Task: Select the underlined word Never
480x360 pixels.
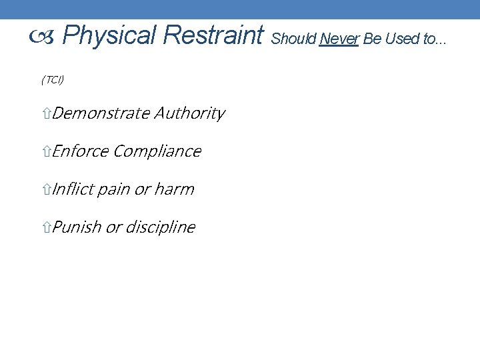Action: click(x=339, y=40)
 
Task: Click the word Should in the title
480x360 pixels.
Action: click(x=293, y=40)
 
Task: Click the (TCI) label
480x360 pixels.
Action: click(x=53, y=80)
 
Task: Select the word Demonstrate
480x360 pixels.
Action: click(x=101, y=114)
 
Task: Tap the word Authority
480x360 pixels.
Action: click(x=190, y=114)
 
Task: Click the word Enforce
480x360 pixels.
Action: click(x=80, y=152)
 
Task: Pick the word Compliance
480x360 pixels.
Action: click(x=157, y=152)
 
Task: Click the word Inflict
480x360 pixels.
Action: click(x=73, y=190)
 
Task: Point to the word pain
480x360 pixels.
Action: click(x=114, y=190)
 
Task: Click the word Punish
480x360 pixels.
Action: click(x=76, y=228)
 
